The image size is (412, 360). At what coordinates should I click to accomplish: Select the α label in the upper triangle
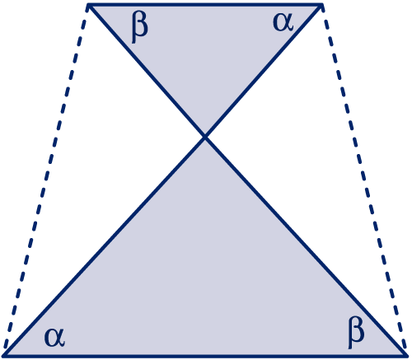click(x=283, y=22)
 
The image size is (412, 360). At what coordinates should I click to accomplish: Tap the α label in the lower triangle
click(x=54, y=337)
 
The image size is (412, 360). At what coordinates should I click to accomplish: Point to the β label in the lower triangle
click(x=356, y=333)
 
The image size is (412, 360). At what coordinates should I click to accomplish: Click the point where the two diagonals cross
click(x=205, y=137)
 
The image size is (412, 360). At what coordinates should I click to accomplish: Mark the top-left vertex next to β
click(x=88, y=5)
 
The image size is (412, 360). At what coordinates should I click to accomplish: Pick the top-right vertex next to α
click(x=322, y=5)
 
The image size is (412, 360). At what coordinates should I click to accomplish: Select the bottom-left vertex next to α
click(x=4, y=356)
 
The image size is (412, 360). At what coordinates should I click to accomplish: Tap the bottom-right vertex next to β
click(x=406, y=356)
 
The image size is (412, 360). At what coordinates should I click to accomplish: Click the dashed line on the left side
click(x=46, y=180)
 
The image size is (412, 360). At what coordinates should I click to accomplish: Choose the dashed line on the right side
click(x=364, y=180)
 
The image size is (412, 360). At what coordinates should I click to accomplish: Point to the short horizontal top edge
click(x=205, y=5)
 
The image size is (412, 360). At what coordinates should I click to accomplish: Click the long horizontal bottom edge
click(x=205, y=356)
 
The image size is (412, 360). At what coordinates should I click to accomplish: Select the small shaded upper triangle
click(x=205, y=49)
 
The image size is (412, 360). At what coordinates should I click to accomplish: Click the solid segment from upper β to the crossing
click(x=147, y=71)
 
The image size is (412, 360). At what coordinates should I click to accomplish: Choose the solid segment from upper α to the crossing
click(x=264, y=71)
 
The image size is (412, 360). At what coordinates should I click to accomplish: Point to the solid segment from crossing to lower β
click(x=306, y=246)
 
